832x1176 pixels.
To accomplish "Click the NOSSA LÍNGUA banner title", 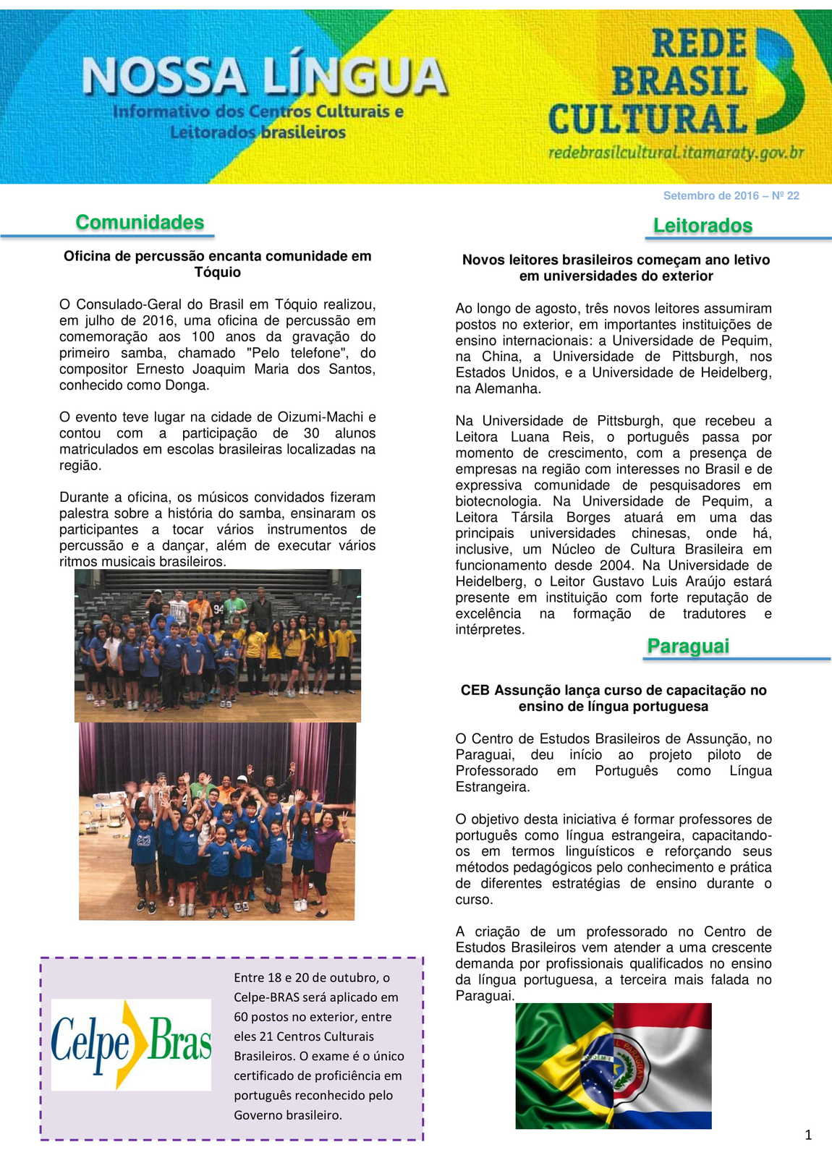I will coord(265,77).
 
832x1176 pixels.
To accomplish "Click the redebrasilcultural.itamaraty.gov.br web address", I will coord(676,153).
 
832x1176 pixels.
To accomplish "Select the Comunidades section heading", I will coord(140,222).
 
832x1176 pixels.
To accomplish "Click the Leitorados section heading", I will coord(702,226).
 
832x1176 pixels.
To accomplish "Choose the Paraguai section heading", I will coord(688,646).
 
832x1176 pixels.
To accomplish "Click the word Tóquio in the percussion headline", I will coord(217,273).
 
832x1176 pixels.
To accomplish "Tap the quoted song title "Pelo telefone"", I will coord(295,353).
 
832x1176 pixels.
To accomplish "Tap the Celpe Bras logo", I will coord(131,1044).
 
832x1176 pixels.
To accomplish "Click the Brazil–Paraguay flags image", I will coord(614,1065).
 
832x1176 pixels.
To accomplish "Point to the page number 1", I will coord(808,1135).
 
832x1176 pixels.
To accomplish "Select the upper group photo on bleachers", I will coord(217,645).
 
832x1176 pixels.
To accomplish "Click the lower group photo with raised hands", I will coord(216,821).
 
